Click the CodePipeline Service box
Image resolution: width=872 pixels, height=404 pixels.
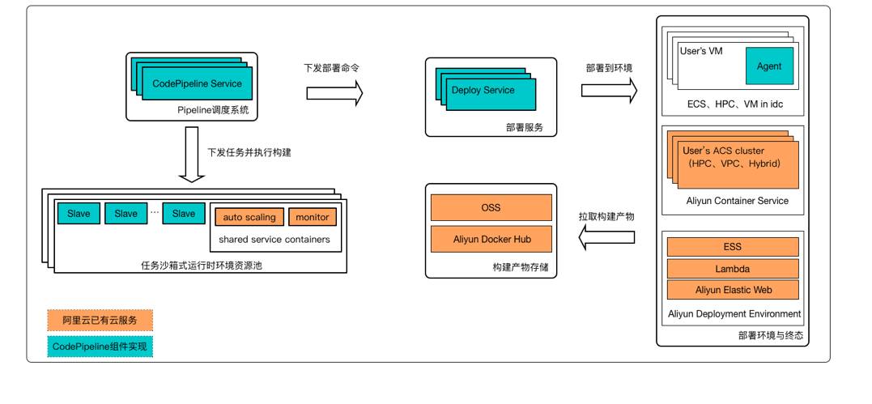click(x=198, y=83)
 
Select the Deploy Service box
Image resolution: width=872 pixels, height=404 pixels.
click(x=483, y=91)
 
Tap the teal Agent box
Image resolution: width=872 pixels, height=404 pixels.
click(x=768, y=66)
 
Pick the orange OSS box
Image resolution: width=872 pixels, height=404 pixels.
click(x=491, y=207)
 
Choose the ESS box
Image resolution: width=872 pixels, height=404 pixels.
click(x=732, y=247)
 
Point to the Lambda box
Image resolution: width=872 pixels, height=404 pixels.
click(x=732, y=268)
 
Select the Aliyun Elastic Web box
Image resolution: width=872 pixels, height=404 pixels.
click(x=732, y=289)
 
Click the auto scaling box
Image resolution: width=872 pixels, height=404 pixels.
click(x=249, y=217)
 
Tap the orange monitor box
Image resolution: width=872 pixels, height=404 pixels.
click(x=312, y=217)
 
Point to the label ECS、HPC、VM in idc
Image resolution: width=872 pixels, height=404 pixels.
click(x=732, y=105)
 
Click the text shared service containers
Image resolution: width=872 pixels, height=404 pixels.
click(x=274, y=240)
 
